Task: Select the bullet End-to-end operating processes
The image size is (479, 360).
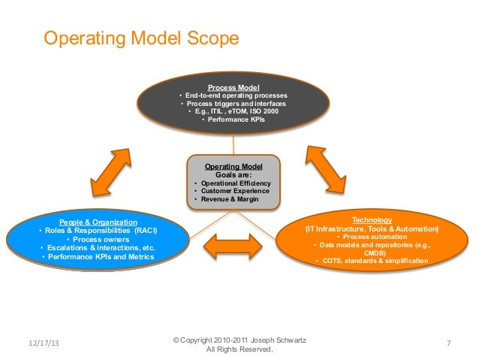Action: click(x=236, y=96)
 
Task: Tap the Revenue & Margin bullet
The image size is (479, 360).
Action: click(x=230, y=200)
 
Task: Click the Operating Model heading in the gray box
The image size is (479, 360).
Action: click(x=232, y=166)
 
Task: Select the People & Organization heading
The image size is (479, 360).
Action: click(x=98, y=222)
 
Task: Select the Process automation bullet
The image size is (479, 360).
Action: click(x=373, y=237)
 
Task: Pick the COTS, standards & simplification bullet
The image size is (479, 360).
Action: click(x=373, y=261)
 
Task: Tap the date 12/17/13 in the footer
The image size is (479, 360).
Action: click(x=42, y=343)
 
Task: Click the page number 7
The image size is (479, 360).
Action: click(x=447, y=343)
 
